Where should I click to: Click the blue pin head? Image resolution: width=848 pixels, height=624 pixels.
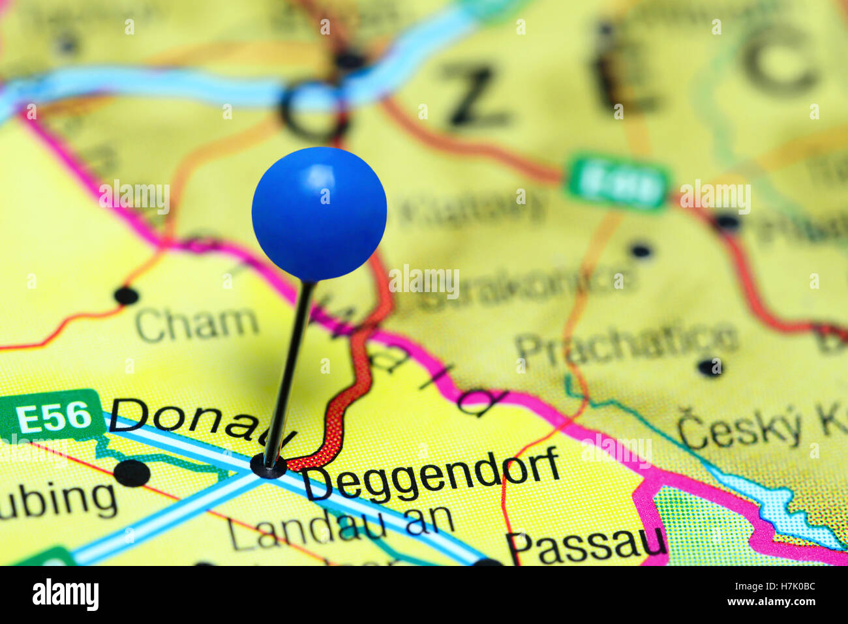click(319, 214)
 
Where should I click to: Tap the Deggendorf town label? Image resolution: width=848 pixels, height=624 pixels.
click(431, 475)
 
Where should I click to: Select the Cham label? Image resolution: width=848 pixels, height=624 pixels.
click(197, 324)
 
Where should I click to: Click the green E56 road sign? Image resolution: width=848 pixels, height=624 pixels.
click(52, 416)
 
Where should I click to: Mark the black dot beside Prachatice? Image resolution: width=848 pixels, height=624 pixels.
click(710, 367)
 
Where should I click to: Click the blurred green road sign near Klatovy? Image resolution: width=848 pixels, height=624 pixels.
click(618, 182)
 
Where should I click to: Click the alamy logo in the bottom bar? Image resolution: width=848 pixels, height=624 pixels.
click(65, 595)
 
